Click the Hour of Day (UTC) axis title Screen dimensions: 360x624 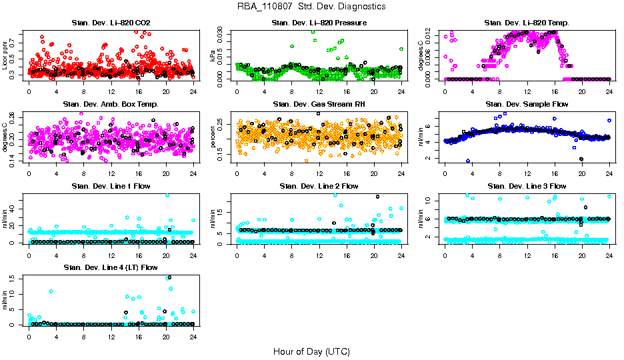(311, 351)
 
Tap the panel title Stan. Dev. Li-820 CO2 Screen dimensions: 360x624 (111, 23)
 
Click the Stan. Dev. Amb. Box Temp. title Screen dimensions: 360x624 (111, 105)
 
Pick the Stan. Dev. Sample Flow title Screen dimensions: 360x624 (527, 105)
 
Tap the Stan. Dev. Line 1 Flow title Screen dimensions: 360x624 (111, 186)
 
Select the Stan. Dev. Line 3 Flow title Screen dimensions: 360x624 (527, 186)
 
